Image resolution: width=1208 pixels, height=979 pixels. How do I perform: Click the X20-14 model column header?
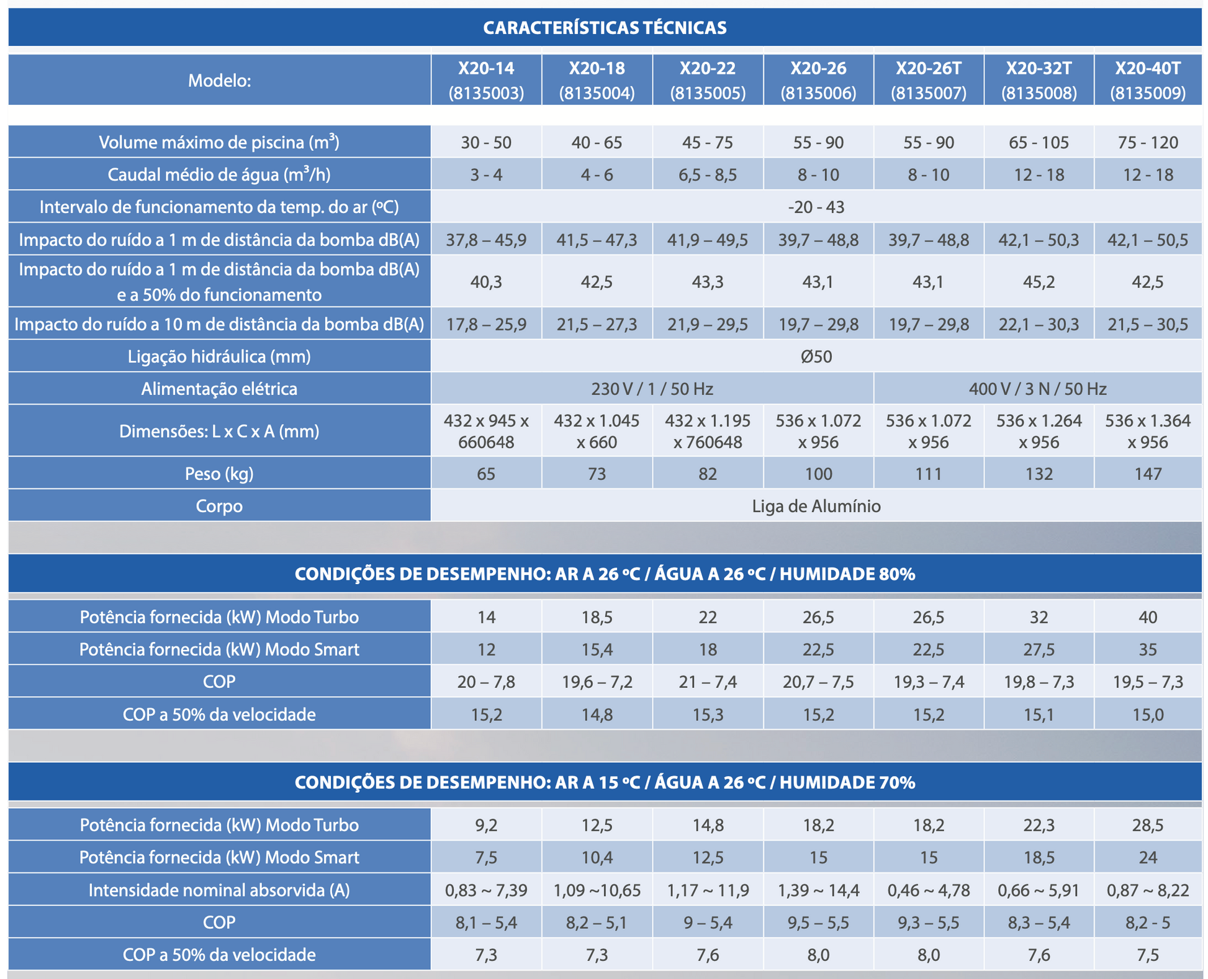coord(486,80)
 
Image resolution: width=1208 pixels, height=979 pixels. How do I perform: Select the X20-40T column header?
coord(1148,80)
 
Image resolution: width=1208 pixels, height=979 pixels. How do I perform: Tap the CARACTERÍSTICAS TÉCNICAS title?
coord(605,28)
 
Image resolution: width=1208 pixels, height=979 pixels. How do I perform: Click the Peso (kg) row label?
coord(219,474)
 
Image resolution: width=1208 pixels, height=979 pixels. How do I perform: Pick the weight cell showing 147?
coord(1148,474)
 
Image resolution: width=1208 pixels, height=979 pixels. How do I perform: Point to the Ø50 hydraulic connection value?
coord(816,356)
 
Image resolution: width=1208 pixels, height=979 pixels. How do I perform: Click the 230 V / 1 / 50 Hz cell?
coord(652,389)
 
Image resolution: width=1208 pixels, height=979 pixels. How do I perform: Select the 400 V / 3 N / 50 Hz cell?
coord(1037,389)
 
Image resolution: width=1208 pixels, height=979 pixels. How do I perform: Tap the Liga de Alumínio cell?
coord(816,506)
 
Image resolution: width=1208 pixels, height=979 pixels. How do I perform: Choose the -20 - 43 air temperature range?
coord(816,207)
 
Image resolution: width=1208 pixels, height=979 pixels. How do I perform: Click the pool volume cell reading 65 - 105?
coord(1039,143)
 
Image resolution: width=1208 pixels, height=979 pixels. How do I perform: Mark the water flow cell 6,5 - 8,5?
coord(708,175)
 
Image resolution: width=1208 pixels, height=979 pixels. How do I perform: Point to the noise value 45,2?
coord(1039,282)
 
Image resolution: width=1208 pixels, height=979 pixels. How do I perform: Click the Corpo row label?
coord(219,506)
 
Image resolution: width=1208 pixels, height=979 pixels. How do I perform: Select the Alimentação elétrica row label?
coord(219,389)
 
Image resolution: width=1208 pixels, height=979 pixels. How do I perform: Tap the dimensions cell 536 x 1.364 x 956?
coord(1148,431)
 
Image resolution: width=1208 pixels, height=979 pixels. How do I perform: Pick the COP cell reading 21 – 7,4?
coord(708,682)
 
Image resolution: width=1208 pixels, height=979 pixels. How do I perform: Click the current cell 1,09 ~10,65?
coord(597,890)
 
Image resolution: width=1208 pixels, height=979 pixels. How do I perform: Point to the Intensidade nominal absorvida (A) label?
coord(219,890)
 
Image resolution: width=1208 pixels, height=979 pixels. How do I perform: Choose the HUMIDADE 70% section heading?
coord(605,782)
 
